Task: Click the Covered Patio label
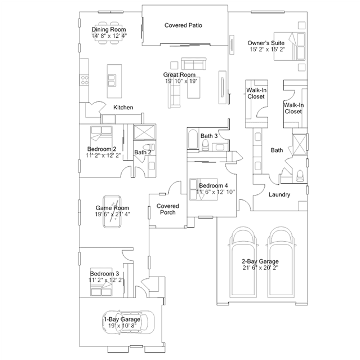(x=183, y=25)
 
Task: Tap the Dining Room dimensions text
(x=109, y=36)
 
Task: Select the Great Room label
(x=179, y=74)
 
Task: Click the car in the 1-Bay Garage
(x=126, y=323)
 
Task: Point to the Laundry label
(x=279, y=195)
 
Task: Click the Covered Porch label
(x=168, y=209)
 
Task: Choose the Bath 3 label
(x=208, y=136)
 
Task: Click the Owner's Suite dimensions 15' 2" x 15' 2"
(x=266, y=50)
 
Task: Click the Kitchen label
(x=123, y=107)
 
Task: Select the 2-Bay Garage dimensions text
(x=260, y=268)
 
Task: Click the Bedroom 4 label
(x=213, y=185)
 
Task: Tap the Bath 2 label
(x=143, y=152)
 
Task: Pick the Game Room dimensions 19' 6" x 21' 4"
(x=112, y=214)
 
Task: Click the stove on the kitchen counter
(x=85, y=79)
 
